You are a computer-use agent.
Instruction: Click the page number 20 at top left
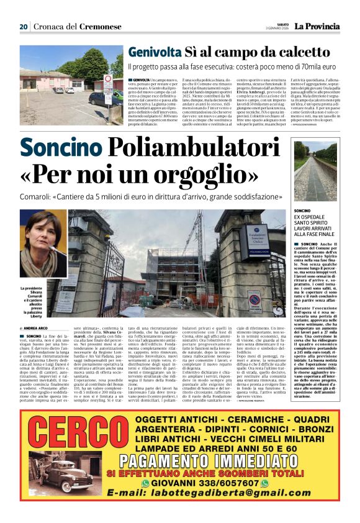[x=24, y=27]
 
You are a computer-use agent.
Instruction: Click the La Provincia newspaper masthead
[x=317, y=26]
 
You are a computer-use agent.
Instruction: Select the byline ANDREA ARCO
[x=35, y=328]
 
